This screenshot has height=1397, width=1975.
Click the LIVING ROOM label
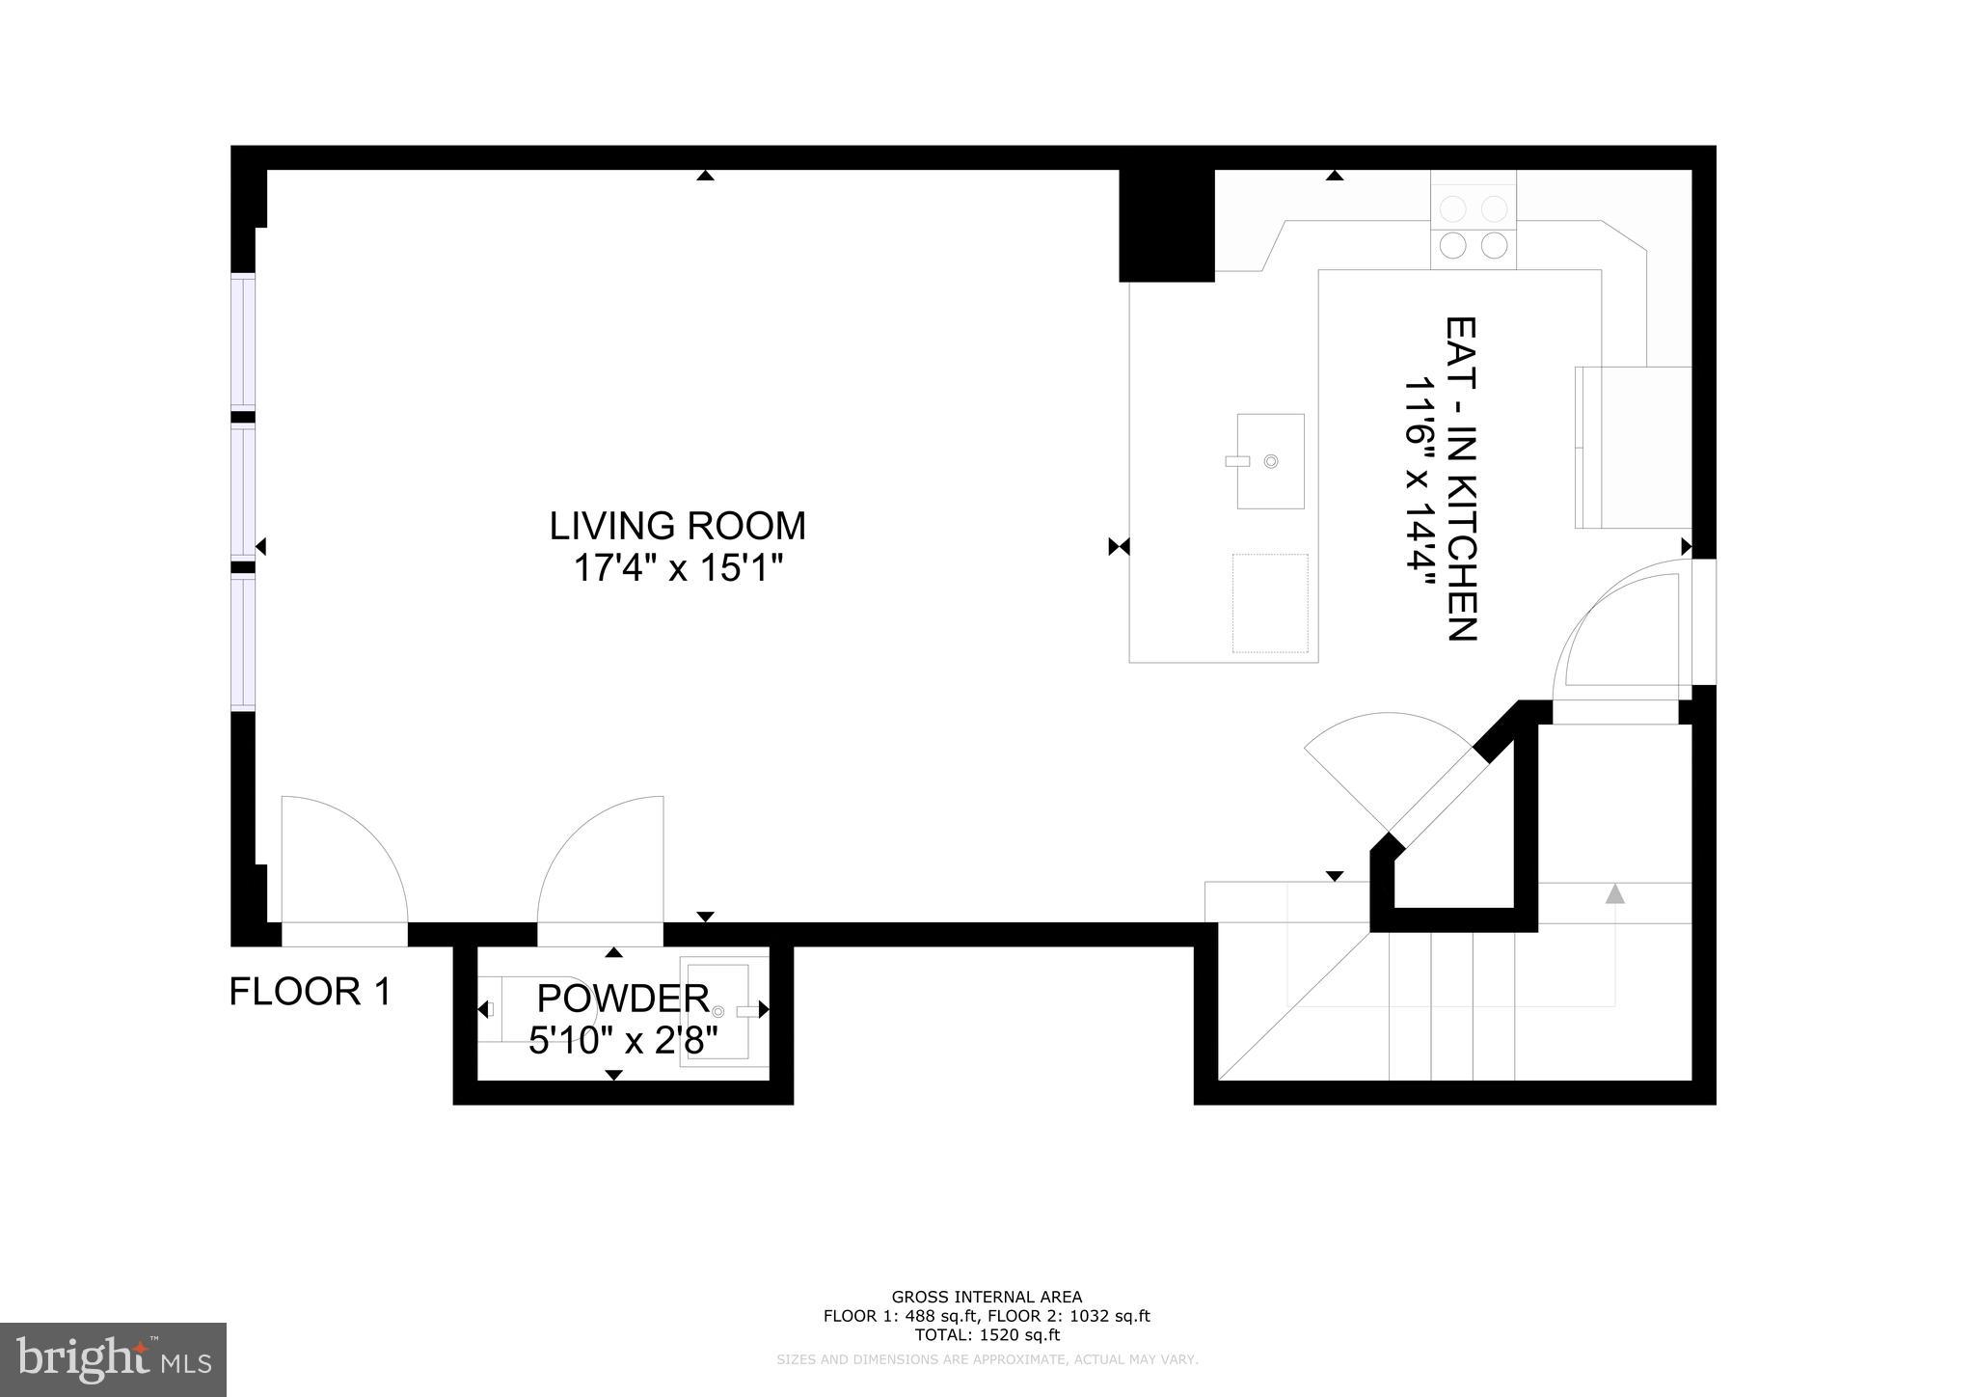coord(677,527)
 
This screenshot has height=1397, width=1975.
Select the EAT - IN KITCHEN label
coord(1462,479)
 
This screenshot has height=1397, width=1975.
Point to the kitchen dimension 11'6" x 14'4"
coord(1419,480)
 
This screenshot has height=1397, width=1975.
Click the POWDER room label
coord(623,998)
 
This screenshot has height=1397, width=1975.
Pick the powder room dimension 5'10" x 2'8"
coord(623,1041)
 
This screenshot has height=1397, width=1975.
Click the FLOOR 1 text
coord(311,992)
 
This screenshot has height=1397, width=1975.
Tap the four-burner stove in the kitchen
coord(1473,227)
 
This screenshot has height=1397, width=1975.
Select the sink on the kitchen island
coord(1270,461)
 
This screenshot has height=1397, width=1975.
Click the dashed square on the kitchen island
coord(1270,603)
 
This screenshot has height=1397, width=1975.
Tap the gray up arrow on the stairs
coord(1614,894)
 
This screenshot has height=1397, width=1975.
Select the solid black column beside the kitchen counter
coord(1165,226)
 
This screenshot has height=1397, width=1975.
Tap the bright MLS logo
coord(113,1360)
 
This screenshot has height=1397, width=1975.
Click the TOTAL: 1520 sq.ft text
coord(987,1335)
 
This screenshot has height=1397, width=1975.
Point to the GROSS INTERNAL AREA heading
coord(987,1297)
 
